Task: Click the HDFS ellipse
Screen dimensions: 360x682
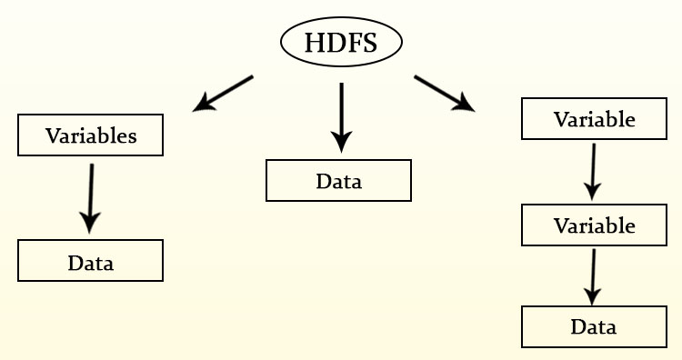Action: (x=341, y=42)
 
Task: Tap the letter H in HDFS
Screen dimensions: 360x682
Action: (x=314, y=43)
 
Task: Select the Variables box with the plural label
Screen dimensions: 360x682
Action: (x=91, y=136)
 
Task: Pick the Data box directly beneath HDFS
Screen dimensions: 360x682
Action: (x=338, y=180)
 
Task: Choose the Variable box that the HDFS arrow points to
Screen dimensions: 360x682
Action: (x=594, y=118)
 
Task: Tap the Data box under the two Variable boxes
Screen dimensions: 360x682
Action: (x=594, y=326)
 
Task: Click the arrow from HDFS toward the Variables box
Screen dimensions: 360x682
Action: (x=224, y=94)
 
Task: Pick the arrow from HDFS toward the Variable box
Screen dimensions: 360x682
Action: (x=444, y=94)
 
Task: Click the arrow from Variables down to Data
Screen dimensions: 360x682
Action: (x=90, y=197)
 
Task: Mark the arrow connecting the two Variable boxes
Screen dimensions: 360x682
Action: (x=593, y=170)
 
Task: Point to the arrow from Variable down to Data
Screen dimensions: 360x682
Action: (x=593, y=275)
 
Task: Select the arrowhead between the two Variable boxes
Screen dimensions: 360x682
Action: (x=592, y=190)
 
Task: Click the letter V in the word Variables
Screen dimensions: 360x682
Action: (x=53, y=136)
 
